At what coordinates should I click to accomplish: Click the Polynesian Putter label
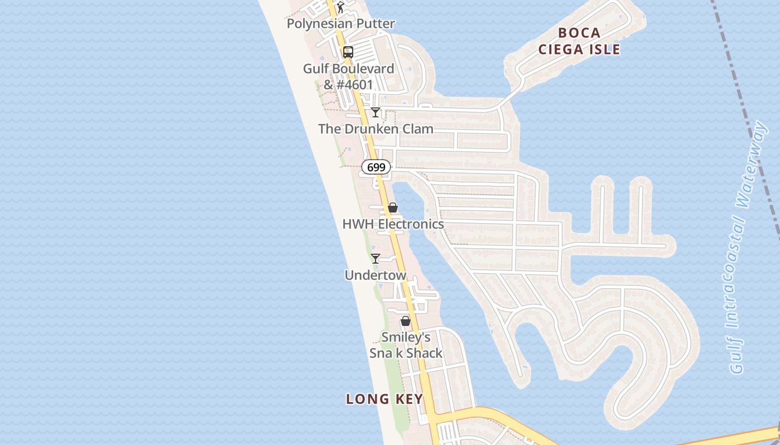click(340, 24)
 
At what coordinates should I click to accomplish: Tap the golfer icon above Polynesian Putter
click(340, 7)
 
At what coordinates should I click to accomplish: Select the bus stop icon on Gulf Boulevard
click(348, 52)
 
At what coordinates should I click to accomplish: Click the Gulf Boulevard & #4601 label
click(348, 77)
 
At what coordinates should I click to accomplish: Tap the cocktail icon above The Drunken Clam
click(376, 112)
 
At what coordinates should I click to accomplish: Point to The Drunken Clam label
click(376, 129)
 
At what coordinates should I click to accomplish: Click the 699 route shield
click(376, 167)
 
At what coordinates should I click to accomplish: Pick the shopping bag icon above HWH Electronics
click(393, 207)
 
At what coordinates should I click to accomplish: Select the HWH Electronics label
click(393, 224)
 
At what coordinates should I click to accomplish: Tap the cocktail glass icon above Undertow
click(376, 259)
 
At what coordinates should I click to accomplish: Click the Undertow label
click(376, 275)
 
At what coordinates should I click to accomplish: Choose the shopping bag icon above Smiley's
click(406, 321)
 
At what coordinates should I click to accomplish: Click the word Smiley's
click(406, 338)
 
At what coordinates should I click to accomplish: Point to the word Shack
click(424, 353)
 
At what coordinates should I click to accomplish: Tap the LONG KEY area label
click(384, 399)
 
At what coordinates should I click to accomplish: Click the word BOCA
click(579, 33)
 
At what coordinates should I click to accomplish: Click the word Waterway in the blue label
click(752, 161)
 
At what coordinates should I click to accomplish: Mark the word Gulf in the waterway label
click(737, 356)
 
